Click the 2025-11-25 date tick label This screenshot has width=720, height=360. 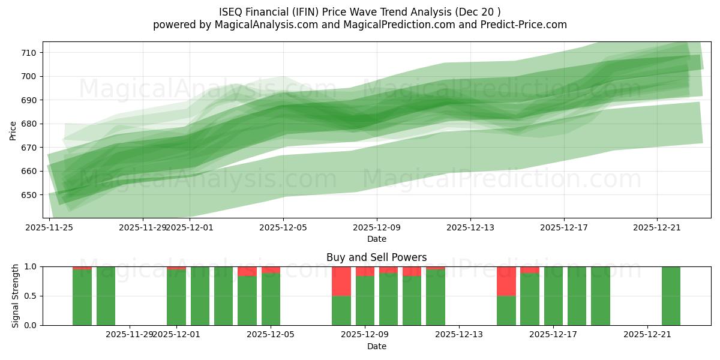[x=49, y=227]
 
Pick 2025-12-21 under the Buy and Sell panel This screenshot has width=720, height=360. [x=647, y=335]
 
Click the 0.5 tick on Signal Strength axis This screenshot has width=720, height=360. [x=30, y=296]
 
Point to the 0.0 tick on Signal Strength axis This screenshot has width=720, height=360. [x=30, y=325]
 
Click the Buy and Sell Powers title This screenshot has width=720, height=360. [x=376, y=257]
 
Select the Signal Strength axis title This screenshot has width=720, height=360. [x=16, y=296]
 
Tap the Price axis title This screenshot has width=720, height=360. [x=13, y=130]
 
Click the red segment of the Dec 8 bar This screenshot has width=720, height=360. [x=341, y=281]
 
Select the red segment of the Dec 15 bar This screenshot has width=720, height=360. [x=506, y=281]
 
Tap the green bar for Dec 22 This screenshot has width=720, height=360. [x=671, y=296]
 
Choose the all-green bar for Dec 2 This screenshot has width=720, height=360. [x=200, y=296]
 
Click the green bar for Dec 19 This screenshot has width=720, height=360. [x=601, y=296]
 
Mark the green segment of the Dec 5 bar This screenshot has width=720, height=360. [x=271, y=299]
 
